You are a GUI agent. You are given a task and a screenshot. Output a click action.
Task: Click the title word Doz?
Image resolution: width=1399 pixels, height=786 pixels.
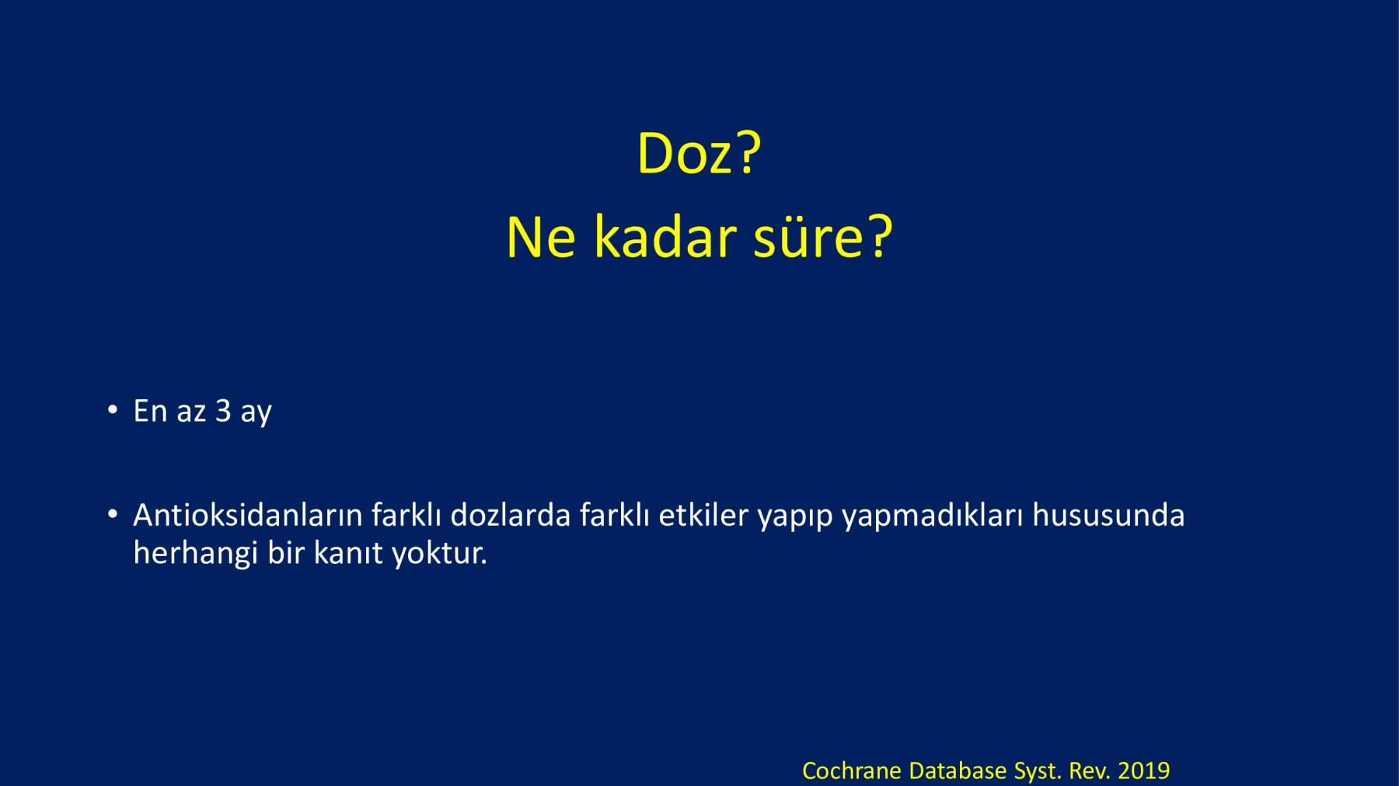tap(699, 153)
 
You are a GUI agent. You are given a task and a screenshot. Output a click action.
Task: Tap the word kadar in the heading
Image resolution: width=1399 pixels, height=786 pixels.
tap(665, 237)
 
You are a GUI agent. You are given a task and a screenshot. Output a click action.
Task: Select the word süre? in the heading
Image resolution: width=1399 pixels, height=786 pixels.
tap(823, 237)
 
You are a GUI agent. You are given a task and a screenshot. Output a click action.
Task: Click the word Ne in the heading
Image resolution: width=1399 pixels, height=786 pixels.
tap(541, 237)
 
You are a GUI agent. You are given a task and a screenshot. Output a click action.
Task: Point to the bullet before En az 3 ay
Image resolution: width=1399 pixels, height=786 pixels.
tap(113, 409)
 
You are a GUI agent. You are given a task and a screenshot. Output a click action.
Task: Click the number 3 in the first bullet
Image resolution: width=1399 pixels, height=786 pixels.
tap(223, 411)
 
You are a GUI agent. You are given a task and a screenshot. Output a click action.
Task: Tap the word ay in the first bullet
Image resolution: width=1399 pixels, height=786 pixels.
tap(256, 413)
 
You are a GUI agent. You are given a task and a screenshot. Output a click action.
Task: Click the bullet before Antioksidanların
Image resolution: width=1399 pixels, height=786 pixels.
tap(113, 513)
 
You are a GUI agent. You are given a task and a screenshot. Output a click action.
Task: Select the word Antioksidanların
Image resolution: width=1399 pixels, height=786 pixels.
tap(248, 515)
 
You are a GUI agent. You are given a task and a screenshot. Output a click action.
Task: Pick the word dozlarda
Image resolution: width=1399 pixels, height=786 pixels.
tap(511, 515)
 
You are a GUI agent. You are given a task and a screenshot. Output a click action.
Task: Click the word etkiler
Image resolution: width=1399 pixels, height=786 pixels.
tap(703, 515)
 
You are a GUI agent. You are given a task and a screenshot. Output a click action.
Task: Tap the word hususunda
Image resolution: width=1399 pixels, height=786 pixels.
tap(1108, 515)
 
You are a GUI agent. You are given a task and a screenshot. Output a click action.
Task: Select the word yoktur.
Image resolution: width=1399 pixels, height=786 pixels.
tap(439, 553)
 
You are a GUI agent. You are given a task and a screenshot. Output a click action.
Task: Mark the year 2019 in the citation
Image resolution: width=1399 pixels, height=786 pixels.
tap(1144, 770)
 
